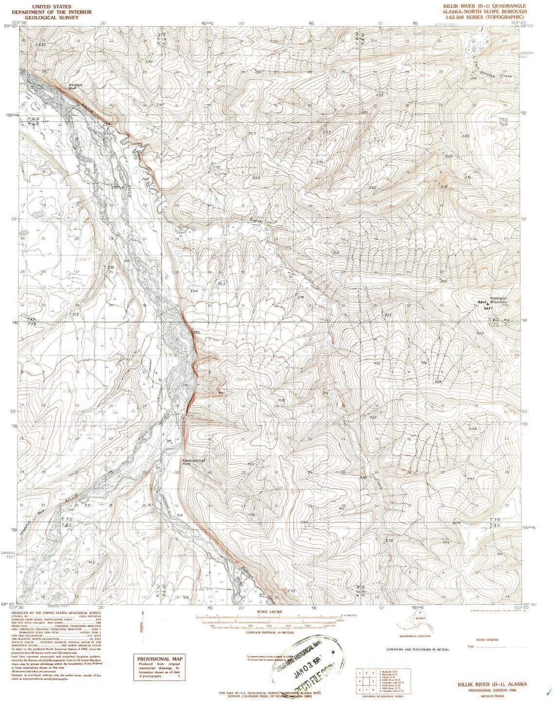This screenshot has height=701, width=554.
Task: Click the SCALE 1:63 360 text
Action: coord(265,612)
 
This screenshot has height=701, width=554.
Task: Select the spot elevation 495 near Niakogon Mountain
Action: coord(488,308)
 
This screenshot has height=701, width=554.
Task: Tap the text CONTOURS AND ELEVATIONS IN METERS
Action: coord(417,650)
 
